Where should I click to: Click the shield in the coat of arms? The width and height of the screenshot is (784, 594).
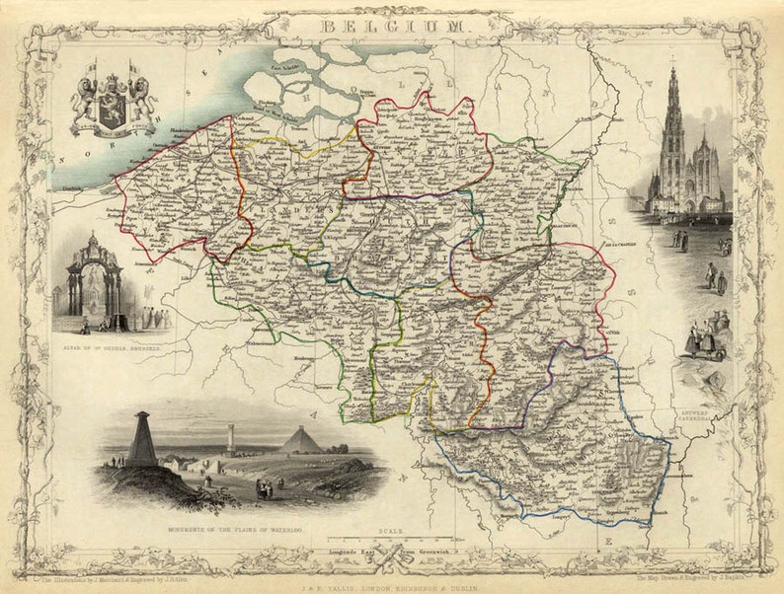(x=114, y=105)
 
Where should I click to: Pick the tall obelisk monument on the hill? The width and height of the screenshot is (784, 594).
(x=142, y=440)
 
